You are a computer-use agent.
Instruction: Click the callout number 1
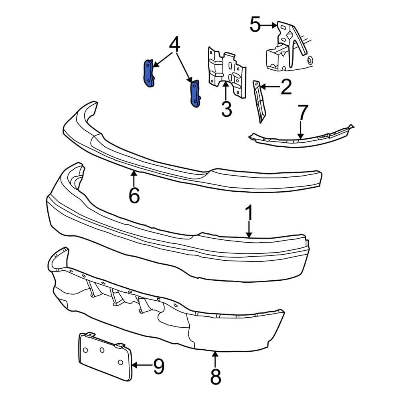[249, 214]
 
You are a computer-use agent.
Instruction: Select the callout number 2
[286, 87]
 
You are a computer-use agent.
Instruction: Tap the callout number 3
[227, 109]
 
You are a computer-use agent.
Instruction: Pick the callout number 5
[255, 25]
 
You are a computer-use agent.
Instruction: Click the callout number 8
[215, 377]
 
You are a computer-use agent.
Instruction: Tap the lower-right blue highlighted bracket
[195, 94]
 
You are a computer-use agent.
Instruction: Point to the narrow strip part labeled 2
[258, 100]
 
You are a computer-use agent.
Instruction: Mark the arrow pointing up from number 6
[134, 178]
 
